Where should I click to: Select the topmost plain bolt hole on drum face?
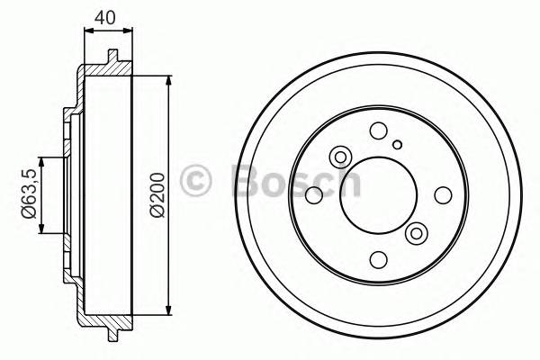[x=378, y=130]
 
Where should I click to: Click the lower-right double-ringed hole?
[x=416, y=234]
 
